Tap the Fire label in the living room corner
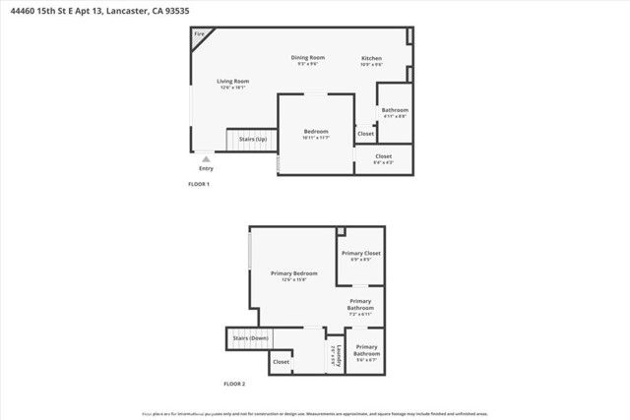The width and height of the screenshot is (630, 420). (x=199, y=34)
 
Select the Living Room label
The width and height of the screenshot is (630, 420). (x=233, y=81)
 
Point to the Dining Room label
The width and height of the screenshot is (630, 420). (x=307, y=57)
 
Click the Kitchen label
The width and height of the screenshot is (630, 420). (x=371, y=58)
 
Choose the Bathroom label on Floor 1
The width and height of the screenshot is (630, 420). (x=395, y=109)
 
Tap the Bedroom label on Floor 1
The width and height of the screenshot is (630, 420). (x=316, y=131)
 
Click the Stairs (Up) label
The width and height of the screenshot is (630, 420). (x=253, y=139)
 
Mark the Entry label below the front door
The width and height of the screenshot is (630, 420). (x=205, y=167)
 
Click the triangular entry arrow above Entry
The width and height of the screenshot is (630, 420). (x=205, y=157)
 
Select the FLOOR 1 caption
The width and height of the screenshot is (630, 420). (x=199, y=185)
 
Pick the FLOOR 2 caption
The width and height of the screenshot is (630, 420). (x=234, y=383)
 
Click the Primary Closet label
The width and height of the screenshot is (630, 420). (x=361, y=253)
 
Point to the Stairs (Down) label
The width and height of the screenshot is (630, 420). (x=251, y=337)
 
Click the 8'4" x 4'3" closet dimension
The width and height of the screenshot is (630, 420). (x=383, y=163)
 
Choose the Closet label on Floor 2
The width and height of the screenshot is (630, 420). (x=282, y=361)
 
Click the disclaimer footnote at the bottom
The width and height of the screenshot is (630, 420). (x=314, y=414)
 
